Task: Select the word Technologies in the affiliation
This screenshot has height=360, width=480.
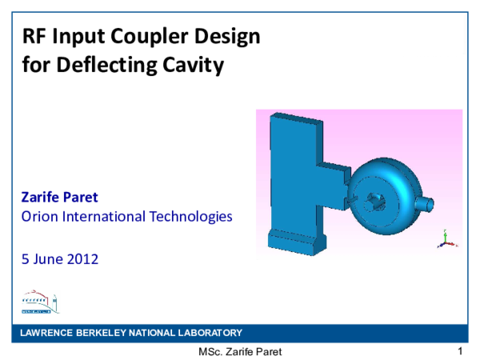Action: coord(192,216)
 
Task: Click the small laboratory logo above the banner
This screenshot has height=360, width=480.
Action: coord(39,302)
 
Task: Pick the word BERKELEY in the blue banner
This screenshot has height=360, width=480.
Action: coord(107,333)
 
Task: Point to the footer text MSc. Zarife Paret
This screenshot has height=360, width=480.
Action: coord(240,352)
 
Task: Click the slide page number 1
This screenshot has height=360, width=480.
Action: coord(461,351)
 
